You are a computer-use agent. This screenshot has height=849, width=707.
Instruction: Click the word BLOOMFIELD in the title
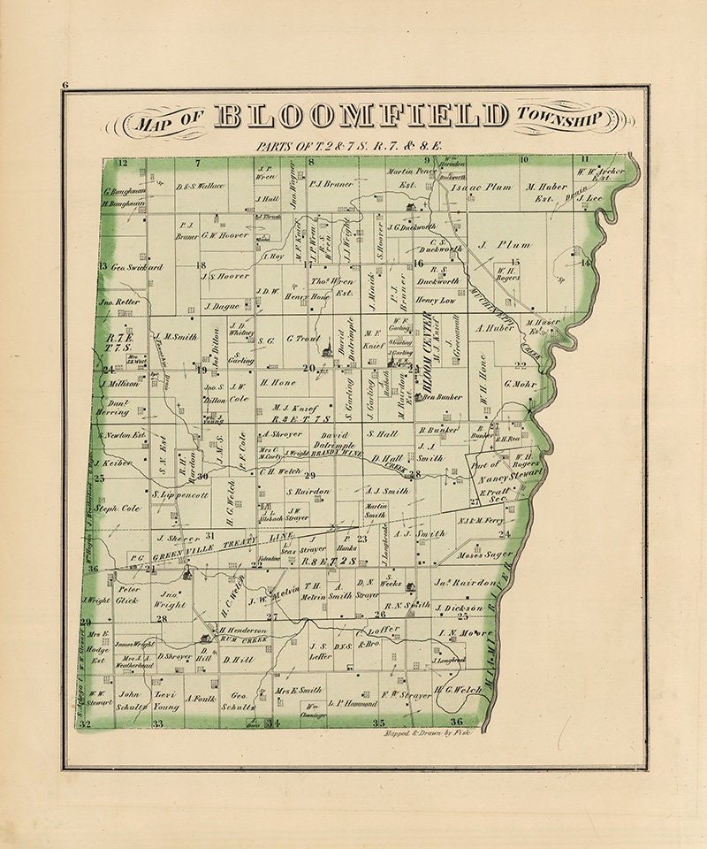click(361, 116)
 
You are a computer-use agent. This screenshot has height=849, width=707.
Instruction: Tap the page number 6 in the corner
click(65, 85)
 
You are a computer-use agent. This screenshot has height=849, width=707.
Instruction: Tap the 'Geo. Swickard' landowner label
click(134, 266)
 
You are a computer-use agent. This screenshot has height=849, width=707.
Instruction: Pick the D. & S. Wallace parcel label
click(201, 187)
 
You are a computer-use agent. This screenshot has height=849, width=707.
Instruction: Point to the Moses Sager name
click(485, 555)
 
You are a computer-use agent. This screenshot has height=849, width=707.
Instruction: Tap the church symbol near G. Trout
click(326, 351)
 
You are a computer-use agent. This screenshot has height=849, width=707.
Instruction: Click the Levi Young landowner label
click(168, 701)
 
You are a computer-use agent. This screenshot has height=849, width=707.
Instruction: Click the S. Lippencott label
click(180, 495)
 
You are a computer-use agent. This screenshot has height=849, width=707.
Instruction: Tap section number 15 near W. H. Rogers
click(513, 264)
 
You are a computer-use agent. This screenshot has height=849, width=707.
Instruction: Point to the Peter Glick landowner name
click(129, 594)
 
